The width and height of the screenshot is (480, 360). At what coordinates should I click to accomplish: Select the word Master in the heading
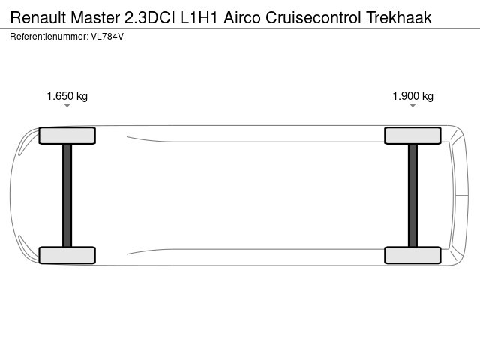(x=95, y=17)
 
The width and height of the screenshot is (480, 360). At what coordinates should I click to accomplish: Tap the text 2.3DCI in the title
(x=150, y=17)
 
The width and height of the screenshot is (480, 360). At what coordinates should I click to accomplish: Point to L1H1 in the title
(x=199, y=17)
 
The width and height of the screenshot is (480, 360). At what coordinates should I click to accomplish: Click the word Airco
(x=242, y=17)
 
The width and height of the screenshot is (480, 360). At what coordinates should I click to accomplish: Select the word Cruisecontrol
(x=313, y=17)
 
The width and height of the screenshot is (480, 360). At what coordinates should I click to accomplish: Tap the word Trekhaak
(x=399, y=17)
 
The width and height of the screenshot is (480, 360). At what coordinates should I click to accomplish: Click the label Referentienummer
(x=49, y=37)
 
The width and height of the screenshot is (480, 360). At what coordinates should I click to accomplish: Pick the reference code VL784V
(x=107, y=37)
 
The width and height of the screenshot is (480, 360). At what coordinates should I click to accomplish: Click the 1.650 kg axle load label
(x=67, y=96)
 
